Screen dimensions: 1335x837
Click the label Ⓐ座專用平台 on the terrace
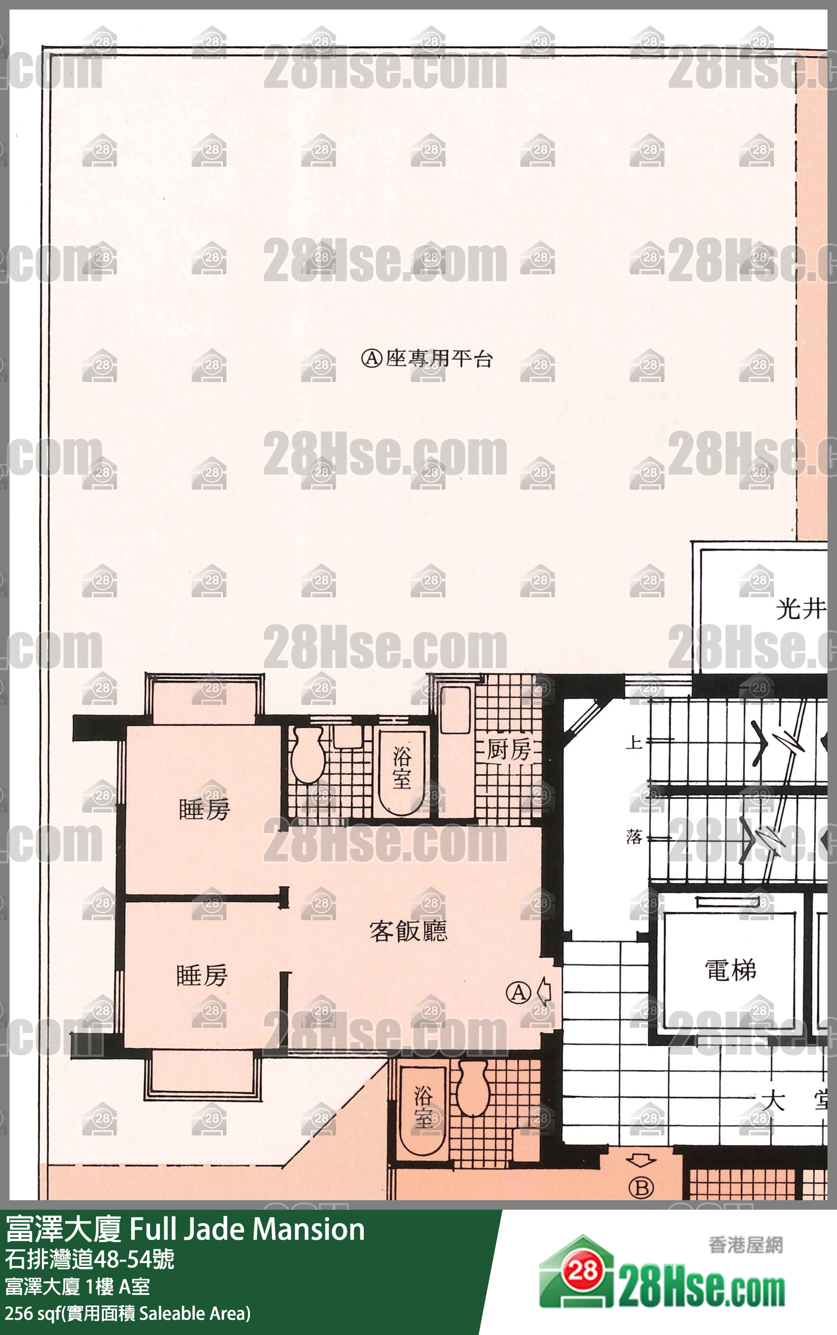(x=426, y=359)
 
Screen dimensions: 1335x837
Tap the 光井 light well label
(x=800, y=610)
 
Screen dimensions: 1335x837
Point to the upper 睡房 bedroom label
(x=204, y=810)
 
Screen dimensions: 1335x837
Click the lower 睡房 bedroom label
(x=201, y=975)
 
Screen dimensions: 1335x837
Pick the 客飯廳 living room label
(x=408, y=931)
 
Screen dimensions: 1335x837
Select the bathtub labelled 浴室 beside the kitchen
(x=401, y=771)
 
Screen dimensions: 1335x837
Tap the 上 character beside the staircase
(x=634, y=742)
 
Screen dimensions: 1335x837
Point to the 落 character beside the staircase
(x=634, y=836)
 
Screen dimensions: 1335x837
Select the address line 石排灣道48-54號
(x=90, y=1259)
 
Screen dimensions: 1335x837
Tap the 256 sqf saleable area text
(x=127, y=1313)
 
